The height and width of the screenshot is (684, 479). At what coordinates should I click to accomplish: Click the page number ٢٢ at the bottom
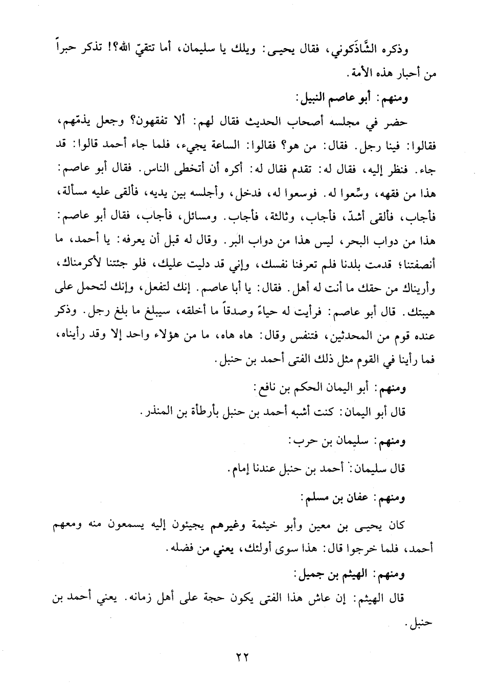239,656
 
